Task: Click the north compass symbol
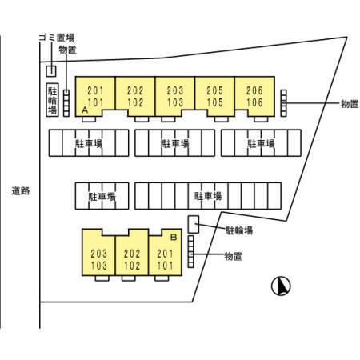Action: (281, 286)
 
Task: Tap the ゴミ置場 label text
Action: (57, 38)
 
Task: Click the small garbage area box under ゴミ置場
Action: (51, 71)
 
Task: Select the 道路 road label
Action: (21, 191)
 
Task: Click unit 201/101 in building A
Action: (95, 97)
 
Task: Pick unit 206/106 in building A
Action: (254, 97)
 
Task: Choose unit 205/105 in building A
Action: (214, 97)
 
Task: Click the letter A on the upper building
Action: (85, 110)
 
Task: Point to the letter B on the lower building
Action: (174, 237)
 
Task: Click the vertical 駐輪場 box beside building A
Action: (52, 100)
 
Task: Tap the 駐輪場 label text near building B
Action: (239, 230)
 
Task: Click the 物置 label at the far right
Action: (350, 104)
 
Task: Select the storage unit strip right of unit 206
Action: (284, 103)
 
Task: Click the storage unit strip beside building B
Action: (190, 251)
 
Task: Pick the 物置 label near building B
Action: (234, 256)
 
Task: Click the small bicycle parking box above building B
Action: (194, 224)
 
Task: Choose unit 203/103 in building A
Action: (175, 97)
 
